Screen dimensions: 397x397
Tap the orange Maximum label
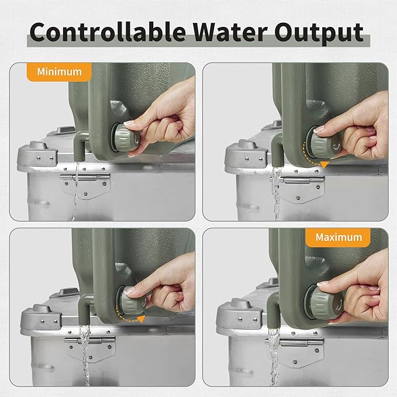coord(339,237)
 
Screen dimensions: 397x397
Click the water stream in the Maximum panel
coord(274,357)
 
